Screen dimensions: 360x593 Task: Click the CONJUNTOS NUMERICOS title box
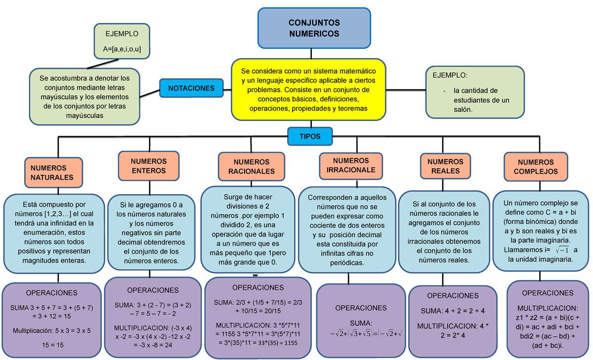(314, 28)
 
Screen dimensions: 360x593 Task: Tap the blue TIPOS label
(310, 136)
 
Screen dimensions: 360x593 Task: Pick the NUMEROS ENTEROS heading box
(149, 166)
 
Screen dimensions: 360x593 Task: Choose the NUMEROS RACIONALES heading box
(251, 167)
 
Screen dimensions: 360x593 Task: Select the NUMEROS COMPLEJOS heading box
(536, 167)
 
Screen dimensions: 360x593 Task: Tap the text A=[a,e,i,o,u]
(122, 49)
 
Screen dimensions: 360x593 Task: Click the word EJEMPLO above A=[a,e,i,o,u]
(122, 34)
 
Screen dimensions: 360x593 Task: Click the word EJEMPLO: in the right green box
(449, 76)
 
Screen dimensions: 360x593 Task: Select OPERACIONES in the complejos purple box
(548, 293)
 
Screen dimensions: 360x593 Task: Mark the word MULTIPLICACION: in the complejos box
(548, 308)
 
